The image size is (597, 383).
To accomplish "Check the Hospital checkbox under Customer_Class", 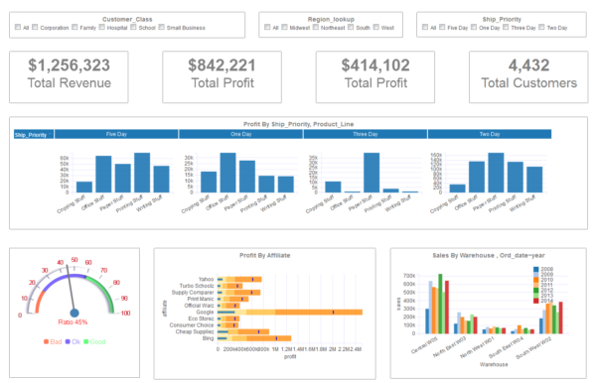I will click(103, 29).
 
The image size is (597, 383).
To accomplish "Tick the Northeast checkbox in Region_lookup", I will click(323, 29).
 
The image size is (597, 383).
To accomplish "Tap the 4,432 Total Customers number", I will click(528, 65).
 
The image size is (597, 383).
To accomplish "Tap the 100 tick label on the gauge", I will click(125, 313).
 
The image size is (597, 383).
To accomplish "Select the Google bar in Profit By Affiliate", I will click(298, 312).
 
